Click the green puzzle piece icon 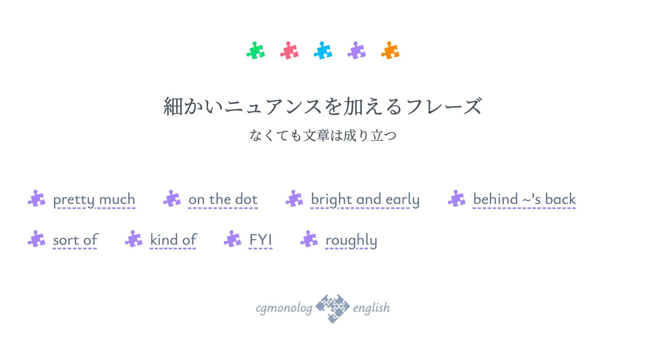256,50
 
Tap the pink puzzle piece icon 289,50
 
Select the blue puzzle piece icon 323,50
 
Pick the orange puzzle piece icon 390,50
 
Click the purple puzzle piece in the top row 357,50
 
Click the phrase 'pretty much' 94,200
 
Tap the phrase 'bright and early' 365,200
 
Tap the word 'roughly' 351,241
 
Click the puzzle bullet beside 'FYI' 233,239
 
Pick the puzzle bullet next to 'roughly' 309,239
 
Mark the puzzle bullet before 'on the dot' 172,199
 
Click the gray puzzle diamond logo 333,309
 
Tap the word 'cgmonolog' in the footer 284,308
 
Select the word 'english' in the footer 371,307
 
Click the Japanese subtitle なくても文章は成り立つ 323,135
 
